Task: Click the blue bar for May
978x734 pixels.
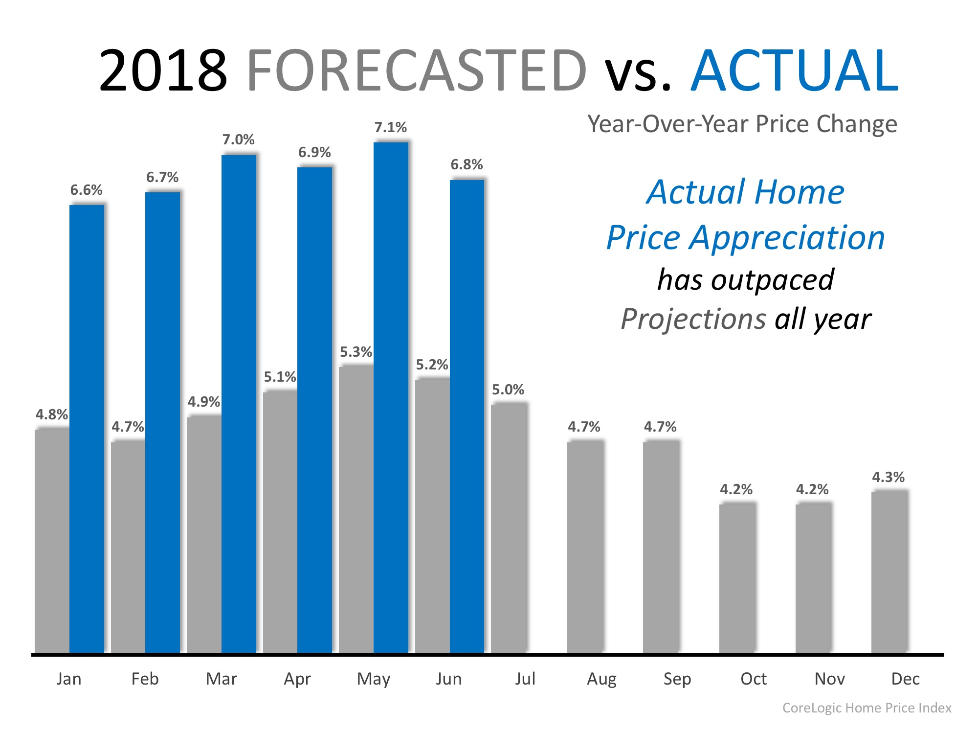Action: (391, 396)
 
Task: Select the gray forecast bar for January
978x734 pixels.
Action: (52, 541)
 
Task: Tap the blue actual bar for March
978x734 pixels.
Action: (239, 404)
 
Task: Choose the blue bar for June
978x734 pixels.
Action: (467, 416)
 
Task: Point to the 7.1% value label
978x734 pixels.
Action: (390, 127)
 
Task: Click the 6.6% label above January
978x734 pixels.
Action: (86, 190)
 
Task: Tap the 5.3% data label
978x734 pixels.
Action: (356, 352)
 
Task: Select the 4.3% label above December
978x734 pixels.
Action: (888, 477)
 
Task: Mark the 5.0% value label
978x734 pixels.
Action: (508, 390)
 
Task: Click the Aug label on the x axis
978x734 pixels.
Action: (601, 679)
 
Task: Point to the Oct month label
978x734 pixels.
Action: (753, 679)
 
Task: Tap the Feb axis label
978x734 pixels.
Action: (145, 679)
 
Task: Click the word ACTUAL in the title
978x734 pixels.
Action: (794, 71)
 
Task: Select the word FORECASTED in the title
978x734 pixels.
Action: (416, 71)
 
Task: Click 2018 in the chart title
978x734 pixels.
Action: (163, 71)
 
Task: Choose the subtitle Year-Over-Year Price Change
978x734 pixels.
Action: (742, 124)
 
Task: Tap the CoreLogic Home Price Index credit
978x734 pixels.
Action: (867, 708)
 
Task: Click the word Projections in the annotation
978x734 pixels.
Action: (693, 320)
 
